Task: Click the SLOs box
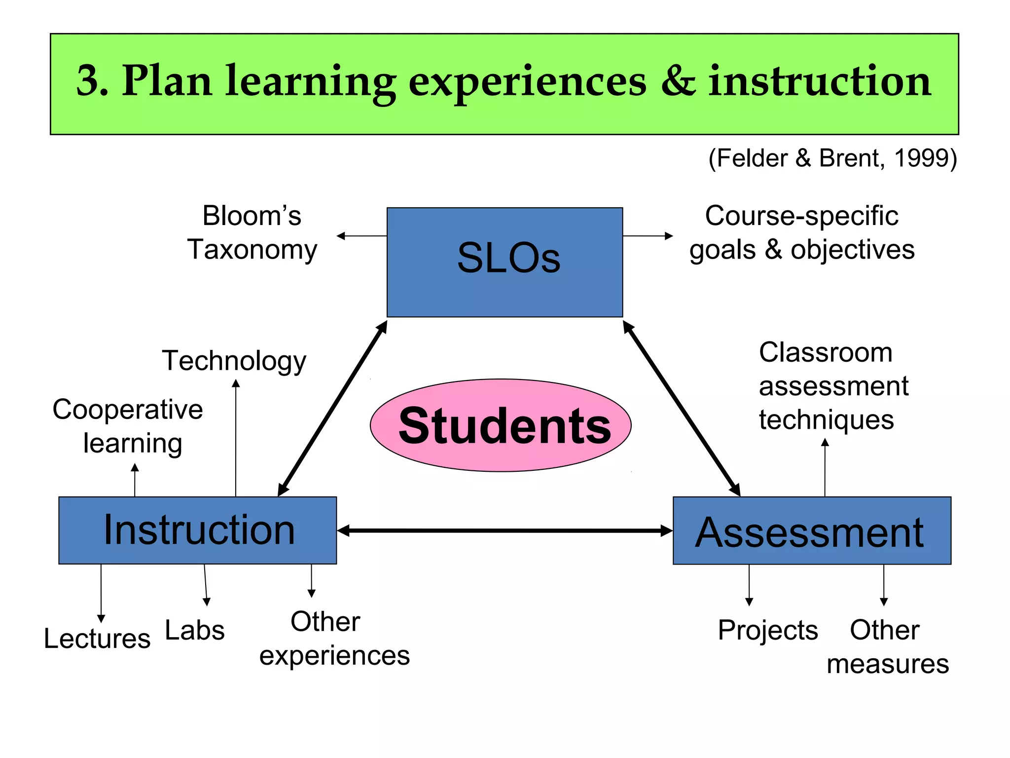point(505,262)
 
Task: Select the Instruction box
point(197,530)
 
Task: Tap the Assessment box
point(811,531)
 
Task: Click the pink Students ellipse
point(501,425)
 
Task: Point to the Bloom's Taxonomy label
point(252,232)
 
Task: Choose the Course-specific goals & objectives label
point(802,232)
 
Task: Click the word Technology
point(234,361)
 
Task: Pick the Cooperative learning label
point(128,426)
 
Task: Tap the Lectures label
point(97,639)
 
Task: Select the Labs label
point(195,630)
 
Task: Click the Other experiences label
point(334,639)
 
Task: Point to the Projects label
point(768,630)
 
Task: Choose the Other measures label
point(887,647)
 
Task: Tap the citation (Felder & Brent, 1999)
point(832,158)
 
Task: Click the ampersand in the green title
point(678,81)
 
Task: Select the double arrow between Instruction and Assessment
point(505,531)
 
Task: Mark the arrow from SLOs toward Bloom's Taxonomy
point(361,236)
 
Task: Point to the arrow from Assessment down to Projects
point(749,585)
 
